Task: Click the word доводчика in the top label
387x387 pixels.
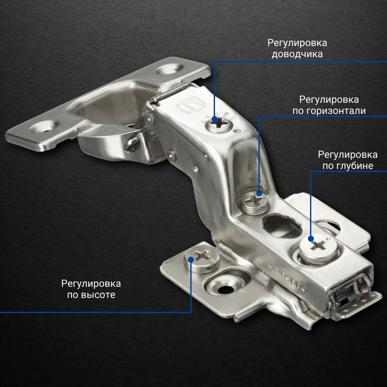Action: [297, 54]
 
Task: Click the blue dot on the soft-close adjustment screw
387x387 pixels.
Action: [214, 120]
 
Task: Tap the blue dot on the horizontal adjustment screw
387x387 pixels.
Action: [259, 193]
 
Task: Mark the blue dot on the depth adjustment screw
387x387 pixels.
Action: [311, 239]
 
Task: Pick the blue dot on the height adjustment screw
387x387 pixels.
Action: [191, 259]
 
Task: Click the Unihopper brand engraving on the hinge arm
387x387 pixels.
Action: [288, 276]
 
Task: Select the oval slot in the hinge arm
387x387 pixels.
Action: [282, 226]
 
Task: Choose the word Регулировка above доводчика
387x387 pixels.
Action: [297, 43]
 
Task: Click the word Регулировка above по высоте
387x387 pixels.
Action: [91, 284]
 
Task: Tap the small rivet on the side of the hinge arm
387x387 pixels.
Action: [171, 155]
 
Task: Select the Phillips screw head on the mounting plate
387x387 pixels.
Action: [202, 259]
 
